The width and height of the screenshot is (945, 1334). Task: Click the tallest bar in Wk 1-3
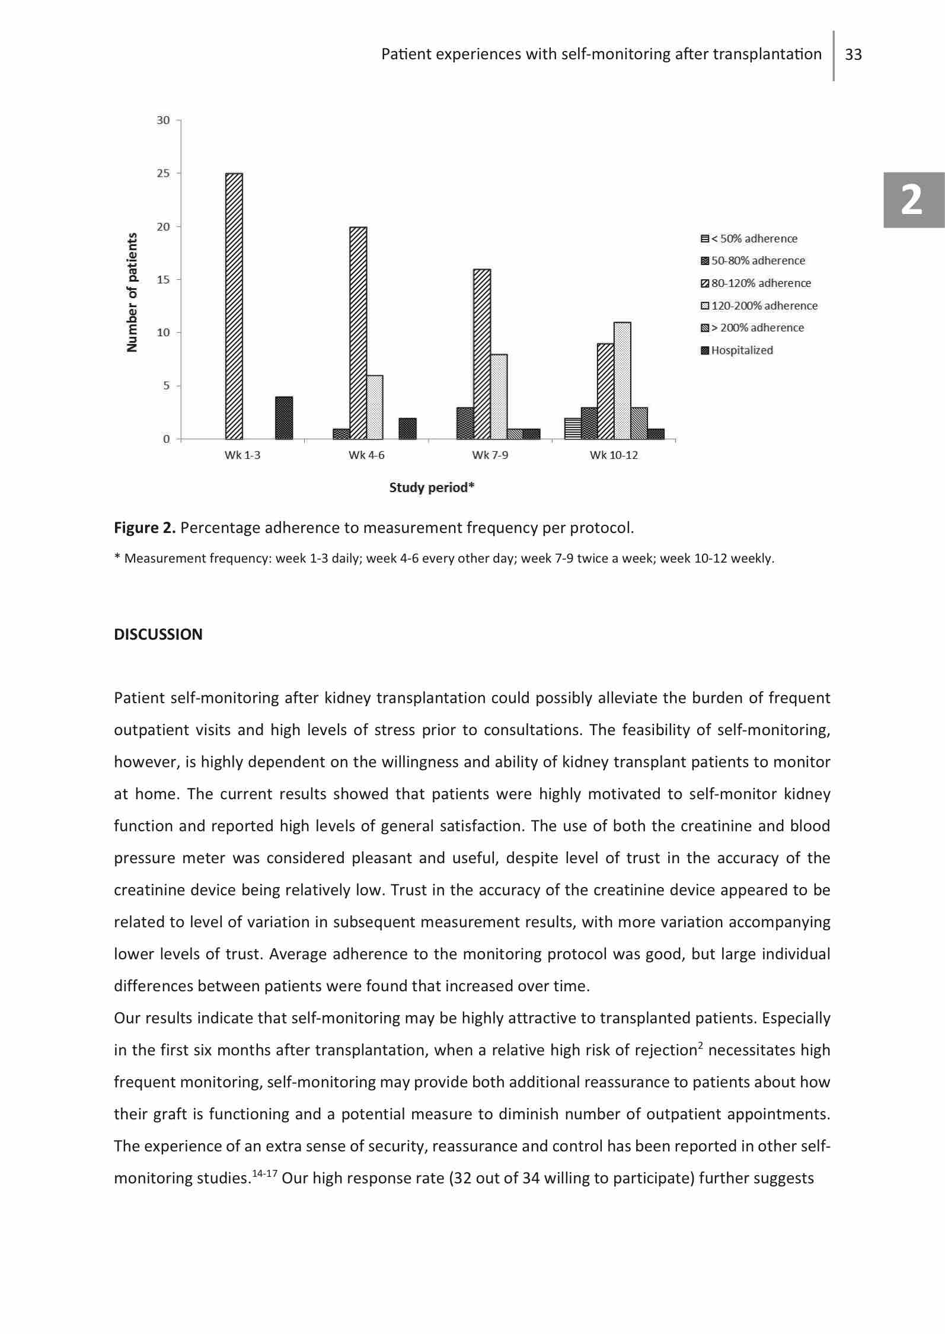click(234, 306)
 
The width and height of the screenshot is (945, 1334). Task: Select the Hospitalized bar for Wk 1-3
click(284, 418)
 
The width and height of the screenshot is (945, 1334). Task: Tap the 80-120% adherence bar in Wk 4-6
click(358, 333)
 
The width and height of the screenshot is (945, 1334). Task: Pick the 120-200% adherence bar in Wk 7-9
click(499, 397)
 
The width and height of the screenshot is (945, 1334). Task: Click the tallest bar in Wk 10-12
click(622, 381)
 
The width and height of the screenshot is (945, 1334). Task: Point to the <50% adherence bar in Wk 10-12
click(572, 429)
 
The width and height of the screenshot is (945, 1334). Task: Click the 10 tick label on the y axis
click(163, 333)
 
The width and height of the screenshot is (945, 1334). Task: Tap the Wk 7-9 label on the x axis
click(490, 455)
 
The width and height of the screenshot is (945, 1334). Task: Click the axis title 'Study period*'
click(432, 487)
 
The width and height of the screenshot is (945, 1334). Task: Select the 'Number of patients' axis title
click(132, 292)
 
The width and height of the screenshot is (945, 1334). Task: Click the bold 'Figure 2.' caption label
click(145, 528)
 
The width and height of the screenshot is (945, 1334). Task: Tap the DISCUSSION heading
click(158, 634)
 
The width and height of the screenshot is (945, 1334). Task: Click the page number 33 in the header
click(853, 55)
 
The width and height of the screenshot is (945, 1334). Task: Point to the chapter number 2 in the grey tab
click(912, 200)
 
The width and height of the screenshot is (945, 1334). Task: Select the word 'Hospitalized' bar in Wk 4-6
click(407, 429)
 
